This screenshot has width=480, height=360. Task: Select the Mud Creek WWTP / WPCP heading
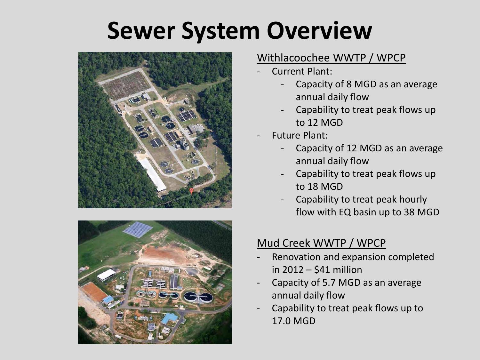(321, 243)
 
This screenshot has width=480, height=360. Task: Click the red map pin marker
(192, 191)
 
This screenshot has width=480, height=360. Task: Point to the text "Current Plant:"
(302, 71)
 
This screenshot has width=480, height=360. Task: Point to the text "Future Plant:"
(300, 135)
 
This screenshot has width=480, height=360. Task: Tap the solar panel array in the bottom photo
(138, 229)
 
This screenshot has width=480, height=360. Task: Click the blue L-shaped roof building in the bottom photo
(170, 318)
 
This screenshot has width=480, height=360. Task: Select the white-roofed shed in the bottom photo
(106, 275)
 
